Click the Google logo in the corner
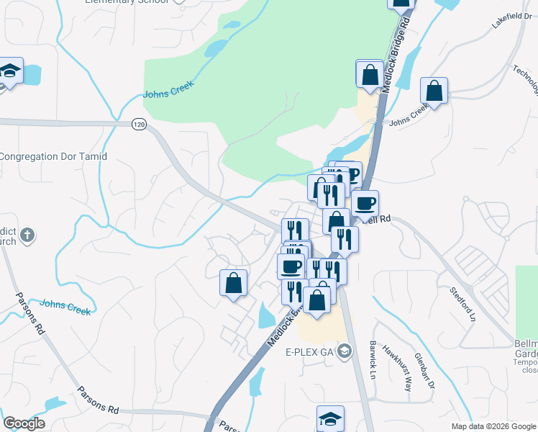coord(24,423)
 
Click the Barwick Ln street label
coord(374,360)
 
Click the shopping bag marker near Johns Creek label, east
coord(434,91)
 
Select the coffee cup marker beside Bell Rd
coord(365,204)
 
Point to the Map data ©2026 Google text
coord(493,426)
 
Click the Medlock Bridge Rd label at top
coord(396,53)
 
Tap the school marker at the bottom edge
coord(330,419)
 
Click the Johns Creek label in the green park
coord(168,94)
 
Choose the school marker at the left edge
coord(10,72)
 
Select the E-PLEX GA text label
coord(310,352)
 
